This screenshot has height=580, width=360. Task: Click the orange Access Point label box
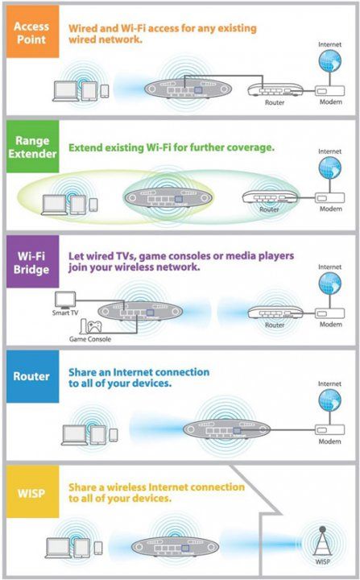32,31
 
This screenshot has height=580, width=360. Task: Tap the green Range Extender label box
32,147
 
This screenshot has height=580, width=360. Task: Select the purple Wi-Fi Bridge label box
32,262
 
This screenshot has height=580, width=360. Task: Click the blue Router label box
32,376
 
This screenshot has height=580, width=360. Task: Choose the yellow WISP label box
32,491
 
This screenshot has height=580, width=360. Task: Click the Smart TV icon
65,300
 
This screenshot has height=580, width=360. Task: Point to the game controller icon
94,326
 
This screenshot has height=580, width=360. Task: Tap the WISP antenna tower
322,541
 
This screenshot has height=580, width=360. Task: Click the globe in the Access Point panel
329,60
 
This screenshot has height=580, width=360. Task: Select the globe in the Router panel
329,400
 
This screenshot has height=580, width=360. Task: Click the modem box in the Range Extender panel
329,198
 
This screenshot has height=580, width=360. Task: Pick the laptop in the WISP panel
58,549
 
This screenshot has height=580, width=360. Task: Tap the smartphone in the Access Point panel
105,91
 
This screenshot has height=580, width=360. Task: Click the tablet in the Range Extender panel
78,205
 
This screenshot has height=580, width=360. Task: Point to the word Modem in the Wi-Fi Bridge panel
330,325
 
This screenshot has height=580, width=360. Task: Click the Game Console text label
90,339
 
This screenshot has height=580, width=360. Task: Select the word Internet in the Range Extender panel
329,151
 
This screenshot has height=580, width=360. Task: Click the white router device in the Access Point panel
275,90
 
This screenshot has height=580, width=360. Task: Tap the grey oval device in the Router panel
227,429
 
